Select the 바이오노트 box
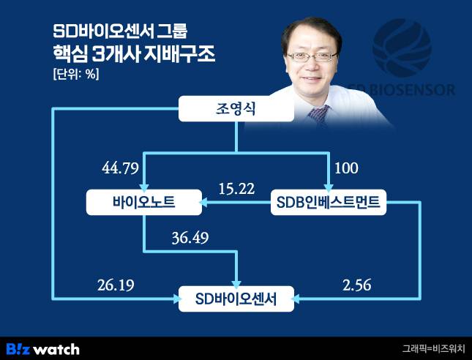[143, 203]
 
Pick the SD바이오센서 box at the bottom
[237, 298]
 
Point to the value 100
[346, 169]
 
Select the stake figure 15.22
[236, 189]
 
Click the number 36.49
[188, 239]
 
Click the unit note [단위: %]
[76, 74]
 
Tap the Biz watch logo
[42, 348]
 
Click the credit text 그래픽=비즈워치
[432, 349]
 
